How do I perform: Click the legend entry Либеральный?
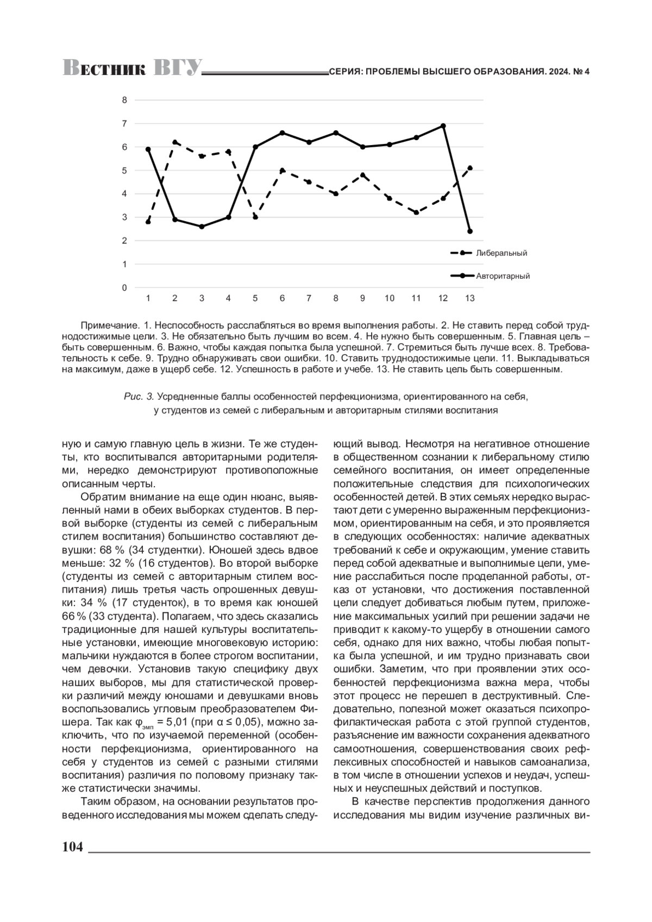click(x=501, y=253)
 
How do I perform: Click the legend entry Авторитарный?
click(x=503, y=276)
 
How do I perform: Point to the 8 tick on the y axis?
click(x=124, y=100)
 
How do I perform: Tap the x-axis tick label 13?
click(x=470, y=298)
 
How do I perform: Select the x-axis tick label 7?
click(x=309, y=298)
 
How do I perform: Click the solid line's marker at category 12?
click(x=443, y=126)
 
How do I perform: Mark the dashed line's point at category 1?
click(x=148, y=222)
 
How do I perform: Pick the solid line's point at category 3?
click(x=202, y=227)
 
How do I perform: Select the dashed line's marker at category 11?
click(x=416, y=212)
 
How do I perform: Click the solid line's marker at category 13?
click(x=470, y=231)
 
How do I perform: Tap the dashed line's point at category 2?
click(x=175, y=142)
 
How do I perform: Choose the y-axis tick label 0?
click(x=124, y=287)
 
